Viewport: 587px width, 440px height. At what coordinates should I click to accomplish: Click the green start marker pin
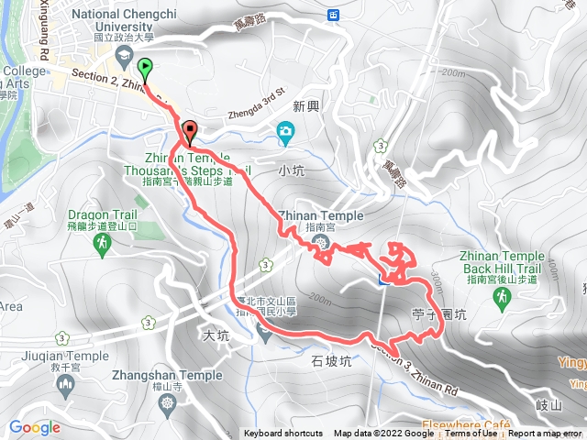pos(145,69)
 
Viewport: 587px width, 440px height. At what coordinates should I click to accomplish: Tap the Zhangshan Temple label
pos(169,375)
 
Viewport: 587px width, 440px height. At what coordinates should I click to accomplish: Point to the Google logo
pos(35,427)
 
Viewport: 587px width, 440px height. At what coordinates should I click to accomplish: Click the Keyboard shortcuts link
pos(283,434)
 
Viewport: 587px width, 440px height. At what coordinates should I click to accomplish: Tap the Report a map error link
pos(547,434)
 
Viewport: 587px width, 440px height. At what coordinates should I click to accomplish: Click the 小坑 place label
pos(289,170)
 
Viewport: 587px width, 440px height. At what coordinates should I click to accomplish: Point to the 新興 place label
pos(306,106)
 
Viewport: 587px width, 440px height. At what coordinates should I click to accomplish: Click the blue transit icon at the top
pos(332,15)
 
